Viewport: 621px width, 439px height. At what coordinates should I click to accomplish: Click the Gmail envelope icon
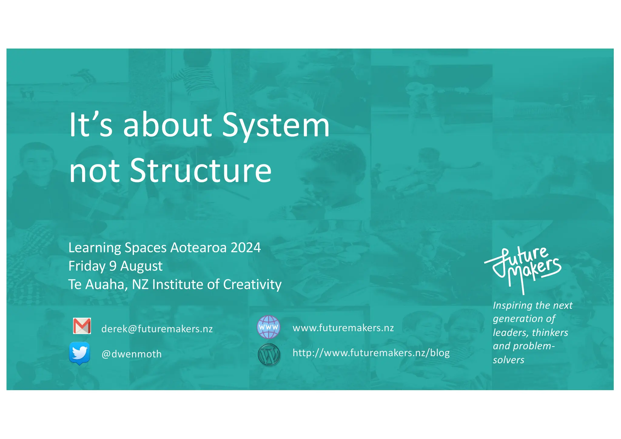(82, 326)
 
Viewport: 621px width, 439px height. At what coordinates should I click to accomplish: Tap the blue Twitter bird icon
(79, 353)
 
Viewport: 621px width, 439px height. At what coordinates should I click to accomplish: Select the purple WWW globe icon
(268, 327)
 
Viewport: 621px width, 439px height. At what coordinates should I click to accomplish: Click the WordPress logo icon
(269, 355)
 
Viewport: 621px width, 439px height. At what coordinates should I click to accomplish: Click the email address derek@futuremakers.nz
(157, 329)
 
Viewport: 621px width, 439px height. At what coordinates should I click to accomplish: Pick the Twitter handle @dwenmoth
(131, 354)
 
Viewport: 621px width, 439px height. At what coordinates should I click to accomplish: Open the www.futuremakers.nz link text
(343, 328)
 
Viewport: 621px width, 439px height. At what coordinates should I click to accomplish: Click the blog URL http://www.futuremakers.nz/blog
(371, 353)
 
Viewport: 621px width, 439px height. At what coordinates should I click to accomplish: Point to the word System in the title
(276, 125)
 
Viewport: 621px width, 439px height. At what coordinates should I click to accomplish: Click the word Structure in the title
(201, 171)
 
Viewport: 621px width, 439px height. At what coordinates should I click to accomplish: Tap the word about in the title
(168, 125)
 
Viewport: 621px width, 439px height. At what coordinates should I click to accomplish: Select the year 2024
(246, 248)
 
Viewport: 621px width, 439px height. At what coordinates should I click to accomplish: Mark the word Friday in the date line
(87, 266)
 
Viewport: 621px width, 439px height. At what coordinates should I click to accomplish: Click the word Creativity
(252, 285)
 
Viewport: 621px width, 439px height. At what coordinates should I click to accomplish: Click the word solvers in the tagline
(508, 360)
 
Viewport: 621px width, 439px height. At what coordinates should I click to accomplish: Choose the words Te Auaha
(98, 285)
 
